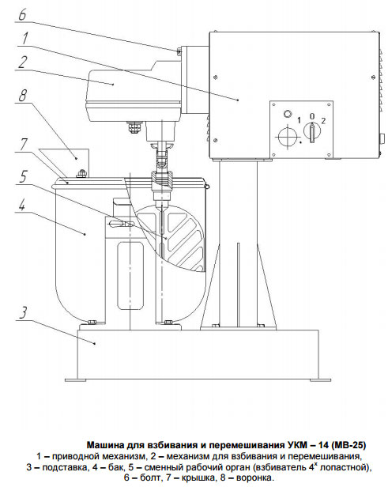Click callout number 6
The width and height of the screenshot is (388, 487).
click(22, 14)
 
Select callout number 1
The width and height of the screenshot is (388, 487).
click(24, 39)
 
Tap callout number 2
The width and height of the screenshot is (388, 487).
click(22, 62)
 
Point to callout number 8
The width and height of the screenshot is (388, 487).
click(22, 96)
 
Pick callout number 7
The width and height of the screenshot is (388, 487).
click(24, 145)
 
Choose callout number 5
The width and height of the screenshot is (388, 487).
click(23, 177)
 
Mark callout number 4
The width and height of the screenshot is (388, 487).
click(21, 206)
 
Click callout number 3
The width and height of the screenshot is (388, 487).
click(23, 313)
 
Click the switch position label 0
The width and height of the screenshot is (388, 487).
click(312, 116)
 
